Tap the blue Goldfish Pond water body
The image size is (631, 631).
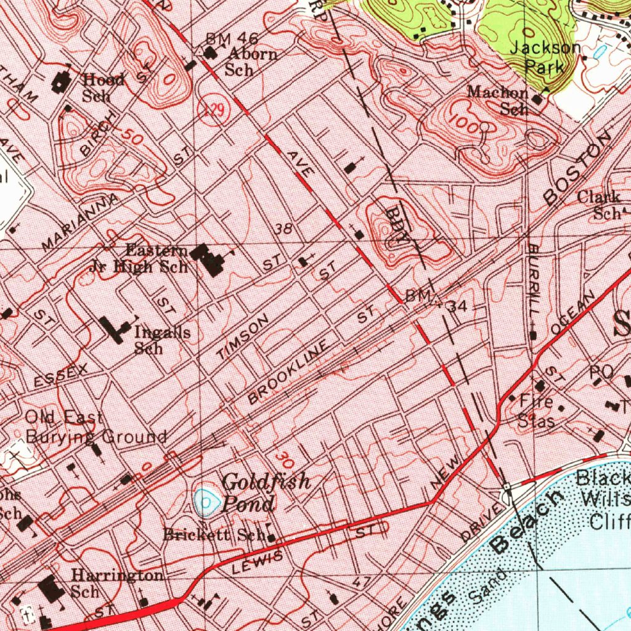pos(206,502)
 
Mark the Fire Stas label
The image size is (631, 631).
pos(535,411)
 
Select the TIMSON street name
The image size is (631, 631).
pos(243,337)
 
